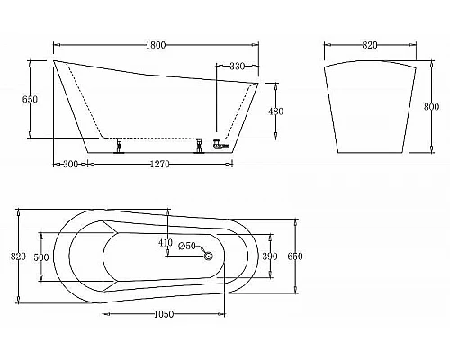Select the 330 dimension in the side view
[238, 66]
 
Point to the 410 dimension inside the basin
[165, 242]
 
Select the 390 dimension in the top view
[269, 256]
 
